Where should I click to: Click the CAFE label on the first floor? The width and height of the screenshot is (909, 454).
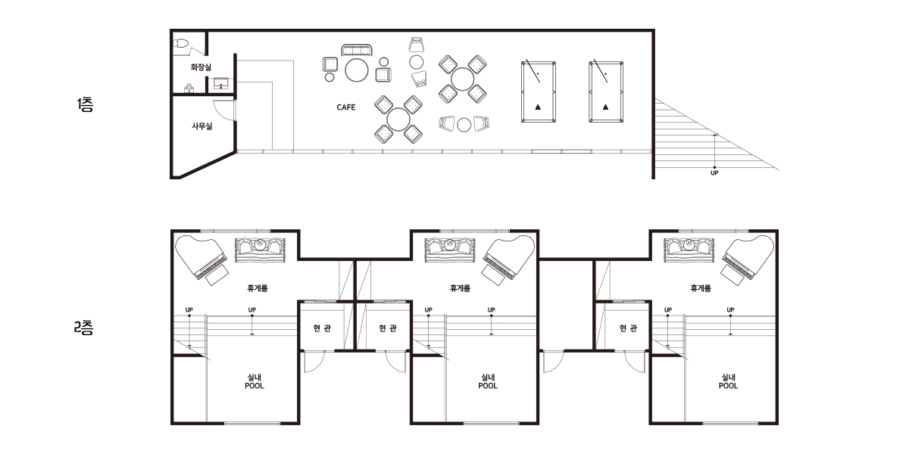(x=345, y=107)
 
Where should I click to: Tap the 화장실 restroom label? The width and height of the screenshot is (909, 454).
(x=201, y=67)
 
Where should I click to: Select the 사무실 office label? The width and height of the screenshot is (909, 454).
(x=201, y=126)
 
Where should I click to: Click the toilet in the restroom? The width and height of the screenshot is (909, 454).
(x=181, y=43)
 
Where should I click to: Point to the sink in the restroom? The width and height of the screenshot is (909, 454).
(x=220, y=83)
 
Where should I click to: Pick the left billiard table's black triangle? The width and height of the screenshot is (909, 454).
(x=538, y=107)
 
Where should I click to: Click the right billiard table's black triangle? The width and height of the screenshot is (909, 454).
(x=605, y=107)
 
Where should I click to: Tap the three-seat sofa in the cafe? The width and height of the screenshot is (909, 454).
(x=357, y=50)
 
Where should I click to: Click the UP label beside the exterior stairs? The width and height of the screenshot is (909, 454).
(x=714, y=173)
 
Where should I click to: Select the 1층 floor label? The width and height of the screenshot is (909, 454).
(x=85, y=104)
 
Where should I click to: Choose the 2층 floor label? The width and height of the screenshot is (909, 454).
(x=83, y=328)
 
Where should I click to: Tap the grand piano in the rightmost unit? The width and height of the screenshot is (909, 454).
(x=748, y=260)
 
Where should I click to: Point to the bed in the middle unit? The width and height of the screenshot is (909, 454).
(x=450, y=250)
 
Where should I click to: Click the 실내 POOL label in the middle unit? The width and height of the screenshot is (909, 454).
(x=488, y=382)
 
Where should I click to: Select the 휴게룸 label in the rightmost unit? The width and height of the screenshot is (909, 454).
(x=701, y=288)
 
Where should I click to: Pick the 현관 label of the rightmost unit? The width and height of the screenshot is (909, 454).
(x=628, y=328)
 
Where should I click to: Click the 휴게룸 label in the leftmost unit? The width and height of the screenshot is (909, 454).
(x=258, y=288)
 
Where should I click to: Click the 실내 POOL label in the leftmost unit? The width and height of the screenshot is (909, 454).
(x=255, y=382)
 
